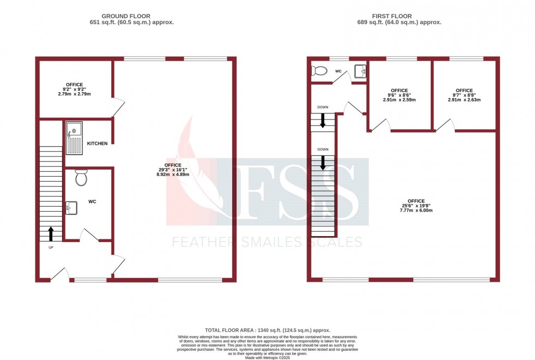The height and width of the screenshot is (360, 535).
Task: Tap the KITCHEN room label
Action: coord(97,143)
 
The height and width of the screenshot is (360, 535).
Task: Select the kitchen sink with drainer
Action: coord(74,138)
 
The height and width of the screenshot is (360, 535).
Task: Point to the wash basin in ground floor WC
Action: coord(71,208)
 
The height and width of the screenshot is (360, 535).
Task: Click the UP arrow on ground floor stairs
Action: coord(51,233)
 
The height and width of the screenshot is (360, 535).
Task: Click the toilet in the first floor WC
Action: coord(318,71)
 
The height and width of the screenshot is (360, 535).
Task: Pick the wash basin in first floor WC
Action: coord(360,71)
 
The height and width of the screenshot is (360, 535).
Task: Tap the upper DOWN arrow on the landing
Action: coord(323,122)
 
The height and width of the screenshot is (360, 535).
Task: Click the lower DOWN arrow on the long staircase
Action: coord(323,163)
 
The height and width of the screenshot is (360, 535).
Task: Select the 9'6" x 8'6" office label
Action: coord(399,95)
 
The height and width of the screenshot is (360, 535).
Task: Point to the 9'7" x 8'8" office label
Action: coord(464,95)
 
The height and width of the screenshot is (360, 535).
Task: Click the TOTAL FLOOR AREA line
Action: coord(267,331)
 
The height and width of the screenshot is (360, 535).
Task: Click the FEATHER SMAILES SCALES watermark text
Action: coord(267,242)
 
